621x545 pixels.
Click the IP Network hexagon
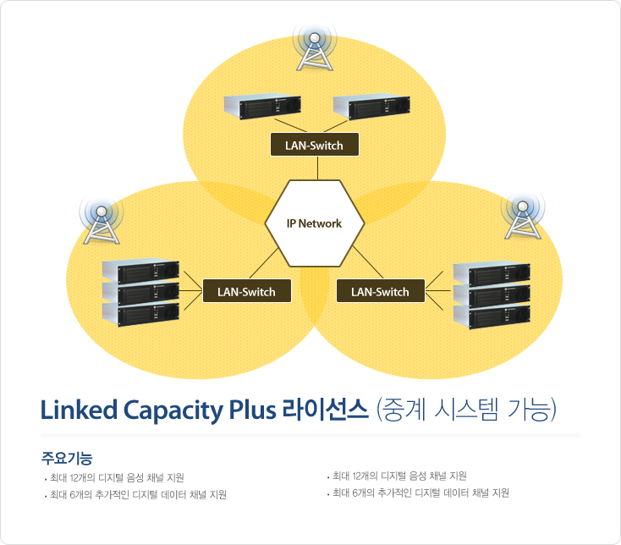pyautogui.click(x=315, y=223)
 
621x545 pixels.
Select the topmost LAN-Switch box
pyautogui.click(x=315, y=145)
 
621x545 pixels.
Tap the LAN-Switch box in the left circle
pyautogui.click(x=247, y=291)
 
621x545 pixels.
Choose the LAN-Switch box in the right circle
pyautogui.click(x=381, y=291)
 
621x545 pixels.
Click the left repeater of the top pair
pyautogui.click(x=262, y=106)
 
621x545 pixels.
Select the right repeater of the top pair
pyautogui.click(x=371, y=107)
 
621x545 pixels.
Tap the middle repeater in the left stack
pyautogui.click(x=140, y=293)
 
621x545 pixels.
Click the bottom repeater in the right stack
pyautogui.click(x=492, y=317)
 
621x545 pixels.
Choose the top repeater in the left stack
pyautogui.click(x=140, y=272)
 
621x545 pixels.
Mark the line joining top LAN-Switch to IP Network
pyautogui.click(x=317, y=168)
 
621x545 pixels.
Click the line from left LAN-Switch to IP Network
pyautogui.click(x=264, y=263)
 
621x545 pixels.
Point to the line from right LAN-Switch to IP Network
pyautogui.click(x=367, y=262)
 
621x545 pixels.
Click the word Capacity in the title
pyautogui.click(x=173, y=410)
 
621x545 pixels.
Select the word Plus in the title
pyautogui.click(x=253, y=410)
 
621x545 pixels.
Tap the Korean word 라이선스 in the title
pyautogui.click(x=326, y=410)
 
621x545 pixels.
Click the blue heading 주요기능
pyautogui.click(x=67, y=459)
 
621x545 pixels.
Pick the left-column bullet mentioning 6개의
pyautogui.click(x=135, y=495)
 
